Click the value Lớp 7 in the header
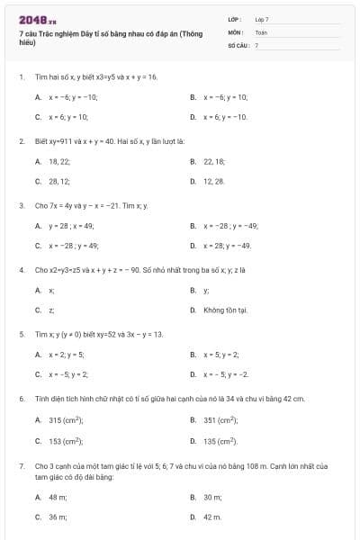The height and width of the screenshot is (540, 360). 262,18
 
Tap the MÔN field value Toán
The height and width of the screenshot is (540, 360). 261,31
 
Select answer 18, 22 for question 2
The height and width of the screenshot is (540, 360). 59,161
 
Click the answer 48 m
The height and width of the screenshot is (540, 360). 58,496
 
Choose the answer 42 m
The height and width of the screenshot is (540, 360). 212,517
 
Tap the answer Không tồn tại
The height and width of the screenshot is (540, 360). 224,310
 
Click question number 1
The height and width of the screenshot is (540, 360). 21,77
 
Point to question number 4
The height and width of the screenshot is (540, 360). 21,270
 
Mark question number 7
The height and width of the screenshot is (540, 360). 21,466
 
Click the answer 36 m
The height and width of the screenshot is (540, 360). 58,517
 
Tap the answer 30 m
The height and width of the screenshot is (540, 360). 212,496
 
